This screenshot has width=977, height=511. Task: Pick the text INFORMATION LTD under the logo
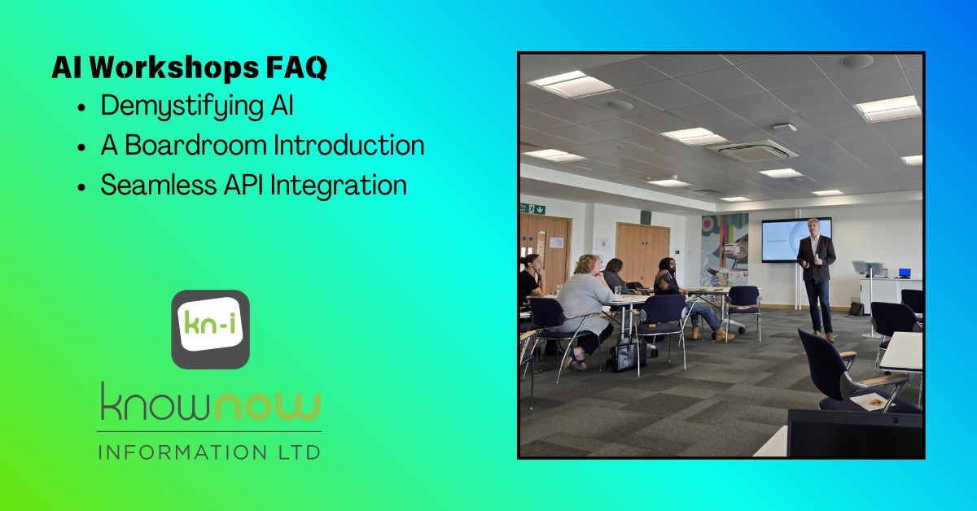(209, 451)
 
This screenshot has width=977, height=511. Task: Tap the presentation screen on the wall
(795, 239)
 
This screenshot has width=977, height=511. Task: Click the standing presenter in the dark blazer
(816, 277)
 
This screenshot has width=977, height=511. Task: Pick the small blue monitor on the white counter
(904, 273)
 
